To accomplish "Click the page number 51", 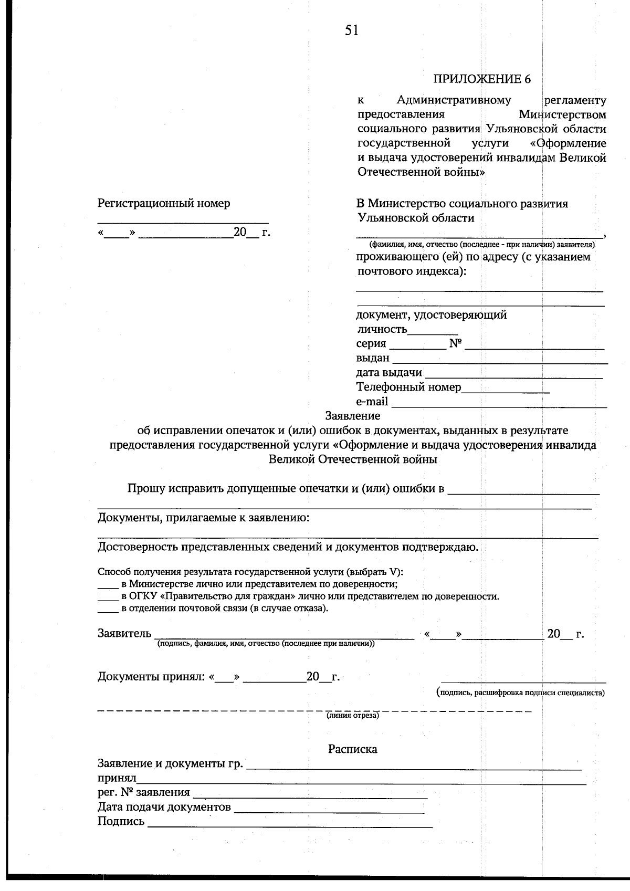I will pos(352,31).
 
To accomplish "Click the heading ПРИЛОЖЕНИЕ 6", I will pos(481,79).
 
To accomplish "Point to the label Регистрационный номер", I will pos(164,203).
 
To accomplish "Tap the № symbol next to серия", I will pos(455,344).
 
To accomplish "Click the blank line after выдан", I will pos(500,362).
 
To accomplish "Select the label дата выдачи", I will pos(389,373).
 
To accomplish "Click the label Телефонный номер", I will pos(408,387).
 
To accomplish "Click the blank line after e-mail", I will pos(499,405).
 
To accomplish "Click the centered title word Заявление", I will pos(352,416).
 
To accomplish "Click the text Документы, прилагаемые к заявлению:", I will pos(204,518).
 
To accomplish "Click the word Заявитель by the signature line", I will pos(124,634).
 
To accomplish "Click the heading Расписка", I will pos(352,749).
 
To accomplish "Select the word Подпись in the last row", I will pos(121,822).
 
